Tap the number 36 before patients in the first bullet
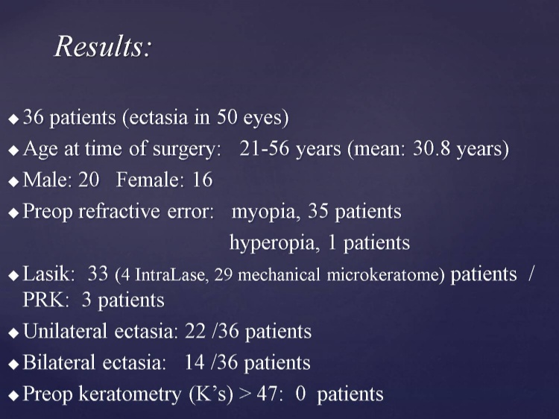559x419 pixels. coord(33,116)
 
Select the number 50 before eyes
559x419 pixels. coord(227,116)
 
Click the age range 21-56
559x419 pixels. coord(264,148)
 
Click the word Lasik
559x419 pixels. coord(49,274)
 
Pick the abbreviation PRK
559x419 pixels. coord(45,300)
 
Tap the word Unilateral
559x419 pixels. coord(65,331)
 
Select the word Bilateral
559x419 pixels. coord(59,362)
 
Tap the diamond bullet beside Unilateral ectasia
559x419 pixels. coord(13,333)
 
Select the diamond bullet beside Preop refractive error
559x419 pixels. coord(13,213)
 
